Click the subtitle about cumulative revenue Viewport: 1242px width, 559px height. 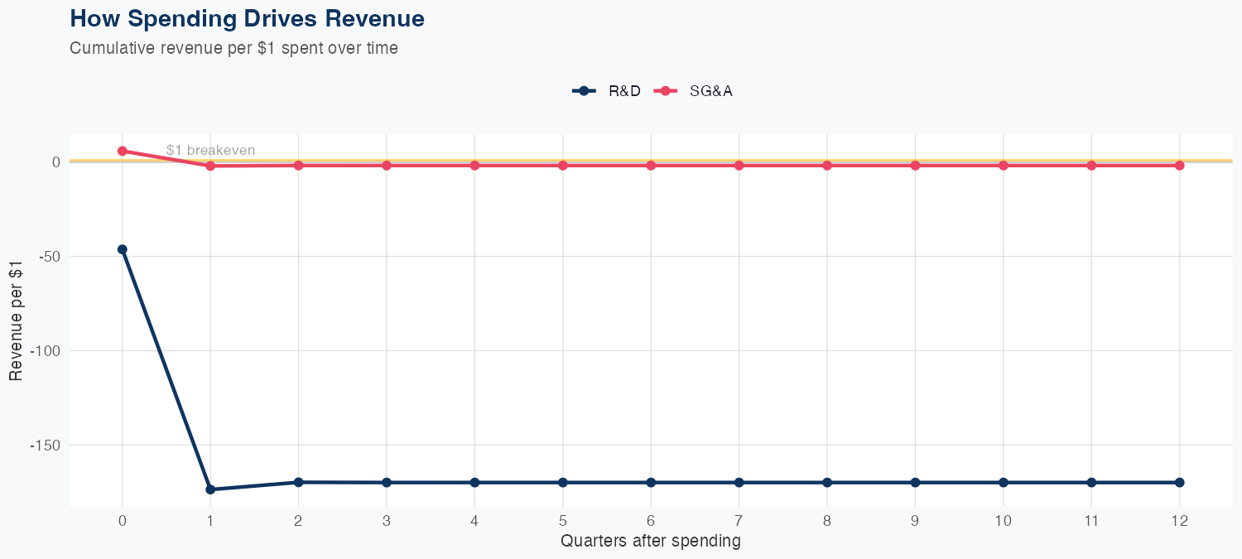233,48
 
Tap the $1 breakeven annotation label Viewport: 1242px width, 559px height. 210,151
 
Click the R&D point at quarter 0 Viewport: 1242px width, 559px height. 123,249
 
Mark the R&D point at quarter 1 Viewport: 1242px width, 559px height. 210,489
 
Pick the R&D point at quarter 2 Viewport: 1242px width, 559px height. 298,482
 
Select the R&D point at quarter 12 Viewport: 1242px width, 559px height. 1179,482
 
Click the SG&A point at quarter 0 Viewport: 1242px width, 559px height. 123,151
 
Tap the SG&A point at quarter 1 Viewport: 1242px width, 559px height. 210,166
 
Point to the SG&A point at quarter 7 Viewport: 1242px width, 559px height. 739,166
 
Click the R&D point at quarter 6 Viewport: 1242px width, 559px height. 651,482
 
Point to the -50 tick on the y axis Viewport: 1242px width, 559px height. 50,256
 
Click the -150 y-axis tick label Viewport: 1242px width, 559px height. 46,445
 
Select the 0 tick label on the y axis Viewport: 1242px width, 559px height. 56,161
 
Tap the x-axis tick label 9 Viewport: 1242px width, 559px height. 915,521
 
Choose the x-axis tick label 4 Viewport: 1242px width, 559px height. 474,521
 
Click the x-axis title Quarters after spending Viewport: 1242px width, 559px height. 650,542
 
